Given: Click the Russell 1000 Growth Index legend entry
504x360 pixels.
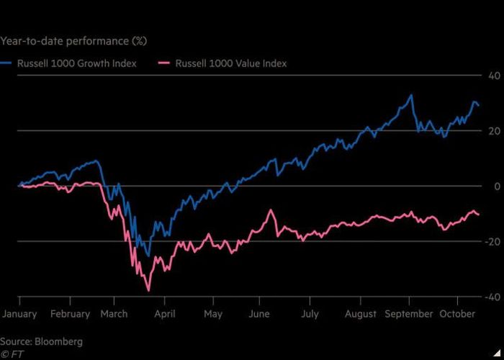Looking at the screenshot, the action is (x=68, y=63).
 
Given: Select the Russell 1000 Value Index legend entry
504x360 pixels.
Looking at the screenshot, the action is (x=222, y=63).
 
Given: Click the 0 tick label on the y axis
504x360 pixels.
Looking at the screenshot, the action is (x=498, y=186).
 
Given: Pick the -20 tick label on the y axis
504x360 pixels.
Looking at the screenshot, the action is (x=493, y=242).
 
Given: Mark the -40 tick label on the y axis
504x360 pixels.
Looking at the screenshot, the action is (x=493, y=297).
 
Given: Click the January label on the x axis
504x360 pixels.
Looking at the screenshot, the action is (x=19, y=314).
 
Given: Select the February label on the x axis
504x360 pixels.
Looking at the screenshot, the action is (x=70, y=314).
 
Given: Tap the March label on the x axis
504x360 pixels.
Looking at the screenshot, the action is (x=114, y=314).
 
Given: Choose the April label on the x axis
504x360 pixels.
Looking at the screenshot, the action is (x=165, y=314).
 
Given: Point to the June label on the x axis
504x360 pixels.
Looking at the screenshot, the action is (x=259, y=314).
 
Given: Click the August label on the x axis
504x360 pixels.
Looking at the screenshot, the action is (x=360, y=314).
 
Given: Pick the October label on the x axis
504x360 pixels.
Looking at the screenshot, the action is (x=457, y=314).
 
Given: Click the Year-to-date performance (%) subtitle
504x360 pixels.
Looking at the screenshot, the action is (x=73, y=41).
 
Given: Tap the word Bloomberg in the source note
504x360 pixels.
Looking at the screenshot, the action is (x=58, y=341).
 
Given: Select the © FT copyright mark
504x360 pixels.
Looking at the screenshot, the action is (x=12, y=354).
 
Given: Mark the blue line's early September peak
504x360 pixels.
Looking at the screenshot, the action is (x=411, y=95).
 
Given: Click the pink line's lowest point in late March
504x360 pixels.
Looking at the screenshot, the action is (x=148, y=291).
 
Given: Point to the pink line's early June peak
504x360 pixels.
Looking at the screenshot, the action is (x=271, y=210).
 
